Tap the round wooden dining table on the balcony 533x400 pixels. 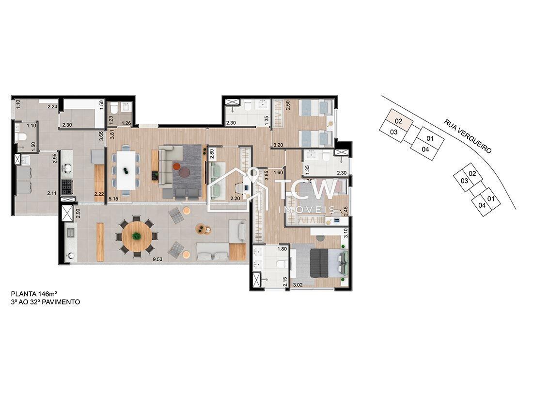(x=137, y=236)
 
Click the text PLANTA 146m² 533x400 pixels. (x=34, y=294)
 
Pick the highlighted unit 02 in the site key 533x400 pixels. (x=399, y=120)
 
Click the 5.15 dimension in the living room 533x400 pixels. (x=114, y=198)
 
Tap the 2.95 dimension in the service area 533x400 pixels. (x=55, y=159)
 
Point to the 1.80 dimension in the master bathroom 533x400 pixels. (x=282, y=250)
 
